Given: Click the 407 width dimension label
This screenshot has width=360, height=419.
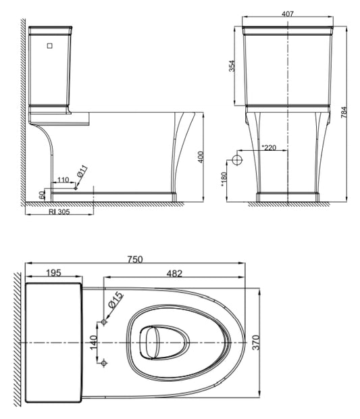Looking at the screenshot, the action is click(x=288, y=14).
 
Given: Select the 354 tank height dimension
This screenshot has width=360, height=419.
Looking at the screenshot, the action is click(x=232, y=66).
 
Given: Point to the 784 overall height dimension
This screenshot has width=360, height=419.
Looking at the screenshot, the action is click(x=344, y=112).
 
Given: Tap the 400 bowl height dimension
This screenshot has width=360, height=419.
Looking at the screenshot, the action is click(x=201, y=157).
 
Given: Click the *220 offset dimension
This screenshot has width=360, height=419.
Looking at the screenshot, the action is click(x=269, y=147).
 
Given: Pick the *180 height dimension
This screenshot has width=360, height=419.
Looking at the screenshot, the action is click(x=224, y=179).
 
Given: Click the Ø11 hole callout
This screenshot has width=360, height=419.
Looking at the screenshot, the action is click(x=82, y=171).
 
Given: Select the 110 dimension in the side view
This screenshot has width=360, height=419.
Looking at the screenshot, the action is click(x=63, y=180).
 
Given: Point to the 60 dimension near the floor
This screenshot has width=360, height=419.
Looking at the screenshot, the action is click(x=42, y=195).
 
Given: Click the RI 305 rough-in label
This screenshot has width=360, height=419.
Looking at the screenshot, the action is click(x=59, y=212).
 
